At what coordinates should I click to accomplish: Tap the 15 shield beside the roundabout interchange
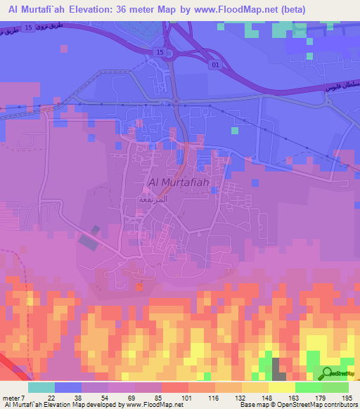[x=160, y=53]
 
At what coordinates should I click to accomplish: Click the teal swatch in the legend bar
[x=41, y=387]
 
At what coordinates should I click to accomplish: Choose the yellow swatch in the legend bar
[x=281, y=387]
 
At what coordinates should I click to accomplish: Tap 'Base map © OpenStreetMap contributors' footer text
[x=295, y=405]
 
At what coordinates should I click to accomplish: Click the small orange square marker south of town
[x=139, y=286]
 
